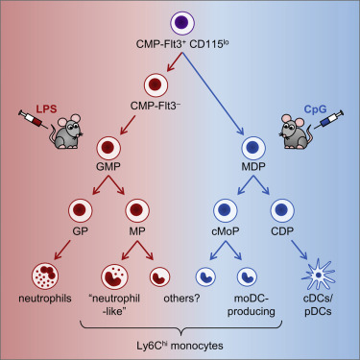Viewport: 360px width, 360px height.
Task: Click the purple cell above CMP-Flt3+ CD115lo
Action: click(180, 21)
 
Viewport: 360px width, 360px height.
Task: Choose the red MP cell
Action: click(135, 211)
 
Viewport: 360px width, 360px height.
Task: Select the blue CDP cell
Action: click(280, 211)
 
